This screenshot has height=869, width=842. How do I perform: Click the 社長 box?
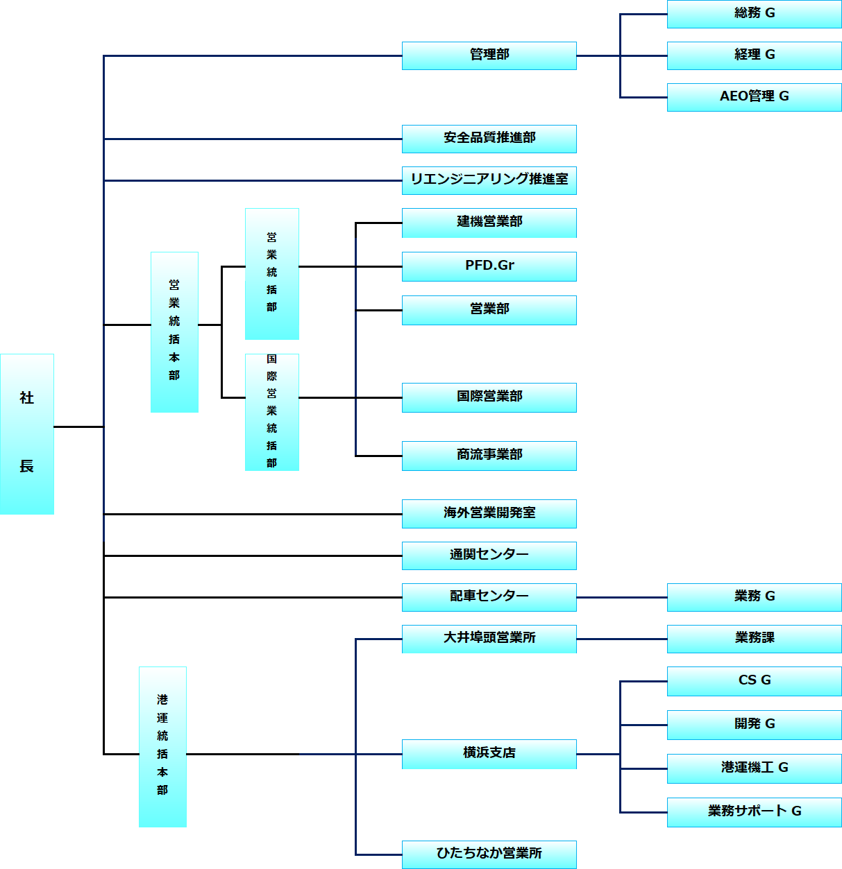(27, 434)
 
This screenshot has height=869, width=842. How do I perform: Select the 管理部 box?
(489, 55)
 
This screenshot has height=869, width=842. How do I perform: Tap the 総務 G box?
(754, 14)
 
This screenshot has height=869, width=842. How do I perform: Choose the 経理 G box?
(754, 55)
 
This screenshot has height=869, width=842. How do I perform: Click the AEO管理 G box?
(754, 97)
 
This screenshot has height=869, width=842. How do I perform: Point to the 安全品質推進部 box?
(489, 139)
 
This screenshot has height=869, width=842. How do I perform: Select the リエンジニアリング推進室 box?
(489, 180)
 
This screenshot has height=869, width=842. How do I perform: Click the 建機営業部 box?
(489, 223)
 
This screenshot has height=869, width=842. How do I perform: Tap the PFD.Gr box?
(489, 266)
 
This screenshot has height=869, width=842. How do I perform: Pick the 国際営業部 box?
(489, 397)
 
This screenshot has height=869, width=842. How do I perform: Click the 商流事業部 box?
(489, 456)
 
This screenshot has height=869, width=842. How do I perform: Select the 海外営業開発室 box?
(489, 514)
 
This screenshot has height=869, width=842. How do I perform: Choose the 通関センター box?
(489, 556)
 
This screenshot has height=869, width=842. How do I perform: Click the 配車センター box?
(489, 597)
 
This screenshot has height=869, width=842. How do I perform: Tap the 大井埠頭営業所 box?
(489, 639)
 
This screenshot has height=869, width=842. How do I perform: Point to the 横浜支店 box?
(489, 754)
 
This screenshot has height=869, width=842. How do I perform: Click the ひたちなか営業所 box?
(489, 854)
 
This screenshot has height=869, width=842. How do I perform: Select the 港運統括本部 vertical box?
(163, 747)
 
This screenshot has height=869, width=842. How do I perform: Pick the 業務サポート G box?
(754, 812)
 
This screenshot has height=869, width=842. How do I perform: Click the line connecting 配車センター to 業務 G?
(622, 597)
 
